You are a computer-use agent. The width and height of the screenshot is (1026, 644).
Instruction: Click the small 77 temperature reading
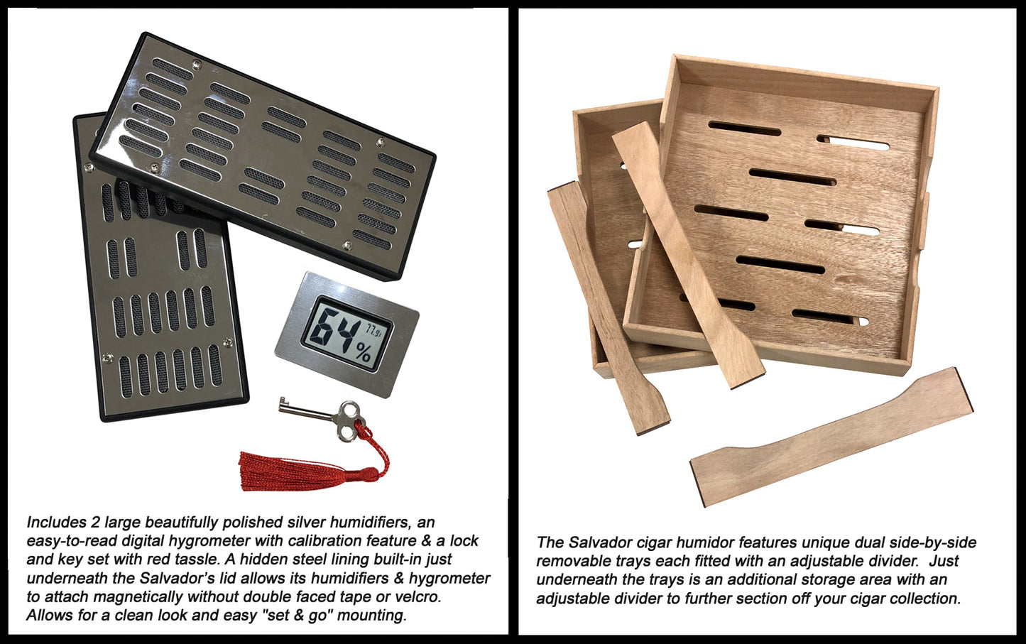click(373, 329)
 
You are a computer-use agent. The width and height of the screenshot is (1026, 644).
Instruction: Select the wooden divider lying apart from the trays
click(831, 437)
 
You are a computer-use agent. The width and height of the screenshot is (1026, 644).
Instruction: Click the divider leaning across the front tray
click(687, 254)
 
